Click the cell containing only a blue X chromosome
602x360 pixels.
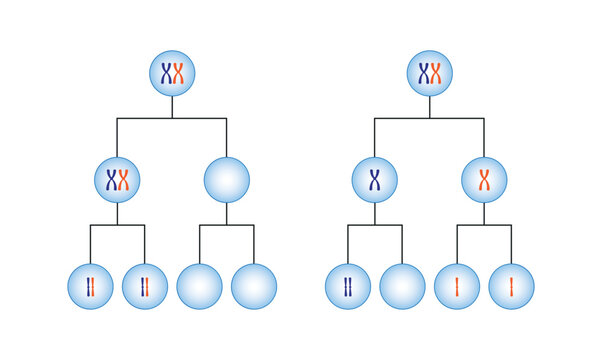[x=374, y=180]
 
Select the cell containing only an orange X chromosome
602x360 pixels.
[x=484, y=180]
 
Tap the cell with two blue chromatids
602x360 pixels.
[x=348, y=287]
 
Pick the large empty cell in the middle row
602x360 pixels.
[x=226, y=180]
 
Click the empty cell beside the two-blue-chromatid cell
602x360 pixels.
[x=402, y=287]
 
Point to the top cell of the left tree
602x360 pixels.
[x=172, y=73]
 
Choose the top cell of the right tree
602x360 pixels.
[x=430, y=73]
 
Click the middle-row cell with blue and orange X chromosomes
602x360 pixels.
[x=117, y=180]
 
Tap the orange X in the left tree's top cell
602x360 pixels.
[x=180, y=73]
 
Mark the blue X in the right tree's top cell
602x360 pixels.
[x=423, y=73]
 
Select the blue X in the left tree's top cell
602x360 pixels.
[x=165, y=73]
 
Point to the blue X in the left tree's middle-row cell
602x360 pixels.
[x=110, y=180]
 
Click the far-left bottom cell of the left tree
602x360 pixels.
[x=90, y=287]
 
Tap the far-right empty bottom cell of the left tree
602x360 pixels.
[x=253, y=287]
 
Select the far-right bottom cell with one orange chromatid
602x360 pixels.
[x=511, y=287]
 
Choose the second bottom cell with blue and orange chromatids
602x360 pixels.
[x=144, y=287]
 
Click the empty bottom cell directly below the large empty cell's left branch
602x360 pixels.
[x=199, y=287]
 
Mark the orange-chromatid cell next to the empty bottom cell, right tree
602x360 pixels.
[x=457, y=287]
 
